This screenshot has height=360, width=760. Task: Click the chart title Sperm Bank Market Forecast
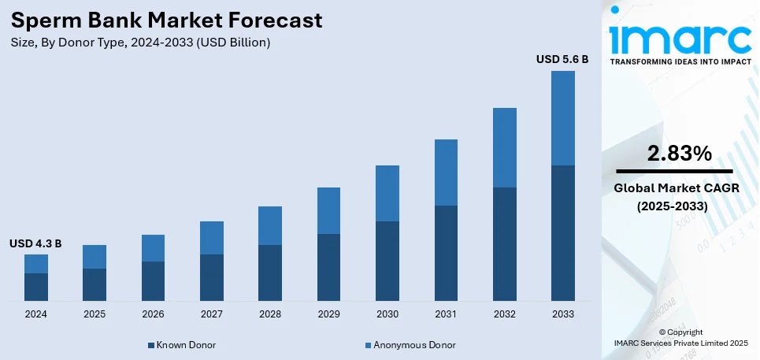point(166,20)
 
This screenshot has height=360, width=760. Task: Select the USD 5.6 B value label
point(562,59)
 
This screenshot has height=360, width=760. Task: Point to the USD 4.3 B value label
point(35,243)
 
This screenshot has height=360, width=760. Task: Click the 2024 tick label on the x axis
point(35,314)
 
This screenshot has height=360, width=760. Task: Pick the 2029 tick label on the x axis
point(328,314)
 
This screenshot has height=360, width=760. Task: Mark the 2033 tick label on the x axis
point(562,314)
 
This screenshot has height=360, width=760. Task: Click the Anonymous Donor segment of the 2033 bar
point(562,118)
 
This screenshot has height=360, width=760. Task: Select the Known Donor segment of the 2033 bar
point(562,233)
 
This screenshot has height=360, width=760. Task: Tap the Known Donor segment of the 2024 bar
point(35,287)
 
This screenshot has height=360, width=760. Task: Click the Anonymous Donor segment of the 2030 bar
point(387,193)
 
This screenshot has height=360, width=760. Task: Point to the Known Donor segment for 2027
point(211,277)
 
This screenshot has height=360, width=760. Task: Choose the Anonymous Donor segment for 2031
point(446,173)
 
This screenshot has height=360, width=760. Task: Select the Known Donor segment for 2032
point(504,244)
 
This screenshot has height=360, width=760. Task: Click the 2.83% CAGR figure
point(679,154)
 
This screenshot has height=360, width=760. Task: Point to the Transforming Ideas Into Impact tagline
point(680,61)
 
